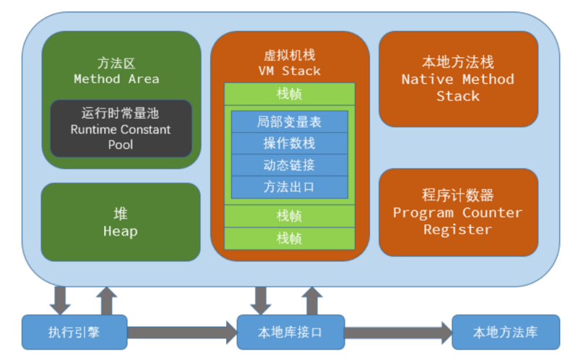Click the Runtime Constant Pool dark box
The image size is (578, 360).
121,129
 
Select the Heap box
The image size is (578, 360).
120,222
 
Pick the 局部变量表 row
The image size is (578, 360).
289,121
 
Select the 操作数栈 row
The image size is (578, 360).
289,143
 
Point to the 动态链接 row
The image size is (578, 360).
289,165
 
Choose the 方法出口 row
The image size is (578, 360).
289,187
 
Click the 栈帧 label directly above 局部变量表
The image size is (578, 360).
289,94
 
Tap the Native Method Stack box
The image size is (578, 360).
458,78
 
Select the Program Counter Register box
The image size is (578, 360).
458,212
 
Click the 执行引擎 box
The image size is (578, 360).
74,333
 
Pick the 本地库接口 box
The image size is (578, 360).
290,333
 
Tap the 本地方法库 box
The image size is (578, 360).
505,333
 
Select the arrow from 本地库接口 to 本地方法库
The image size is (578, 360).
397,333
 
